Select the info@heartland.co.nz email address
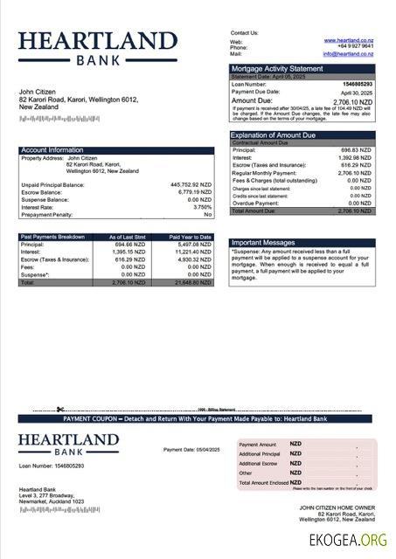tap(347, 54)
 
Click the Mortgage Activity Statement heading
tap(276, 68)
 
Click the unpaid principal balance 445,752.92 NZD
tap(191, 185)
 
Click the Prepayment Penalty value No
tap(207, 214)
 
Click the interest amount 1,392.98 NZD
tap(354, 158)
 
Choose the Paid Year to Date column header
tap(191, 237)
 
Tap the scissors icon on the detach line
tap(59, 409)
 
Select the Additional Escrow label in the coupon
tap(258, 464)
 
